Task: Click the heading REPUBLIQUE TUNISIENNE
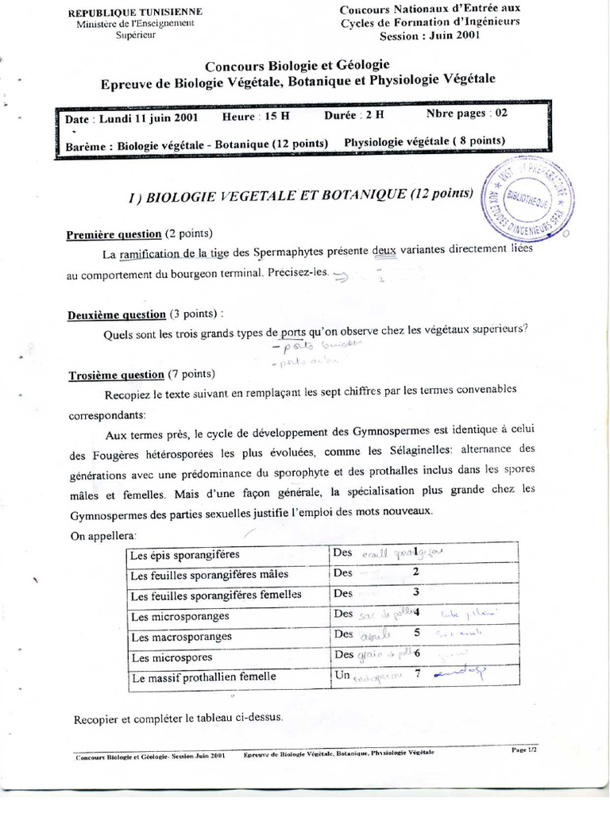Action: click(135, 12)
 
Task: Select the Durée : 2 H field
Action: click(354, 114)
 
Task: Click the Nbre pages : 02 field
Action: click(466, 113)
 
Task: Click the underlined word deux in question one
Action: click(384, 249)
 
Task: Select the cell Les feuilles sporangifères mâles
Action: click(209, 574)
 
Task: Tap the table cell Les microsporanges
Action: click(180, 616)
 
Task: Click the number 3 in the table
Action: click(415, 591)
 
